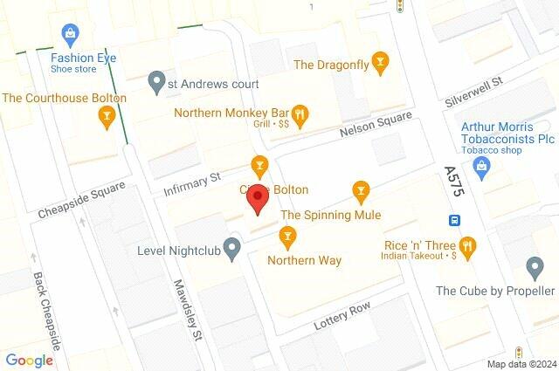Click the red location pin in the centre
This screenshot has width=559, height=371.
pos(257,200)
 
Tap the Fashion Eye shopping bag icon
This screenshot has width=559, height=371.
pos(70,34)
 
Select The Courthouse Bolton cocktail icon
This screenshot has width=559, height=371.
pos(107,116)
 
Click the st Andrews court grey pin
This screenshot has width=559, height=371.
pos(156,84)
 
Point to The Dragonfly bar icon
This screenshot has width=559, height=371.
pos(379,63)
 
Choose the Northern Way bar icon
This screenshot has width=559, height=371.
pos(286,236)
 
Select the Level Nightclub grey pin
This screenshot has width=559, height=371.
pos(231,250)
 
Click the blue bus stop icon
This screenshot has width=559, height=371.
pos(455,220)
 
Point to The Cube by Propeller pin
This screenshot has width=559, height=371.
pos(536,267)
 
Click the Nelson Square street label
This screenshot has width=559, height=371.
pos(376,130)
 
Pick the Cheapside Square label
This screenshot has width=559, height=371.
pos(81,201)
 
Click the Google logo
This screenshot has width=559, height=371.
pos(29,360)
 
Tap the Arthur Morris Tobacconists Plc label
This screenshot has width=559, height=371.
pos(508,132)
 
